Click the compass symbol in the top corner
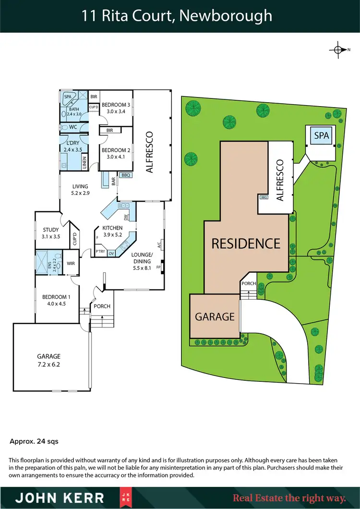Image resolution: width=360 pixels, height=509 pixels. tap(338, 49)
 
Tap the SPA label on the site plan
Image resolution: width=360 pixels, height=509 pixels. tap(322, 135)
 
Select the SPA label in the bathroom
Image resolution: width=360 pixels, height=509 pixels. tap(67, 97)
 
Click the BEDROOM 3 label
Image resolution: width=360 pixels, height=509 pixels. tap(116, 105)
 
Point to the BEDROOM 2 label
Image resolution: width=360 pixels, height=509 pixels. tap(116, 150)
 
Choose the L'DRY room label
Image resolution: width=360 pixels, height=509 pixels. tap(73, 144)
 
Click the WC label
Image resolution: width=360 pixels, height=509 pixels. tap(73, 127)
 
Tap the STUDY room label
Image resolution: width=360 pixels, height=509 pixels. tap(50, 230)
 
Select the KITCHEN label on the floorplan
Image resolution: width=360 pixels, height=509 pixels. tap(113, 228)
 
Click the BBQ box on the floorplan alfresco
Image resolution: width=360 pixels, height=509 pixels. tap(126, 175)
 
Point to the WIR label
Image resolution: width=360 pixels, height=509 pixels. tap(70, 263)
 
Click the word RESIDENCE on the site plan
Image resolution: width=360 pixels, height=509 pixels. tap(246, 243)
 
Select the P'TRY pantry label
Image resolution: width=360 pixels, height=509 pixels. tap(100, 252)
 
